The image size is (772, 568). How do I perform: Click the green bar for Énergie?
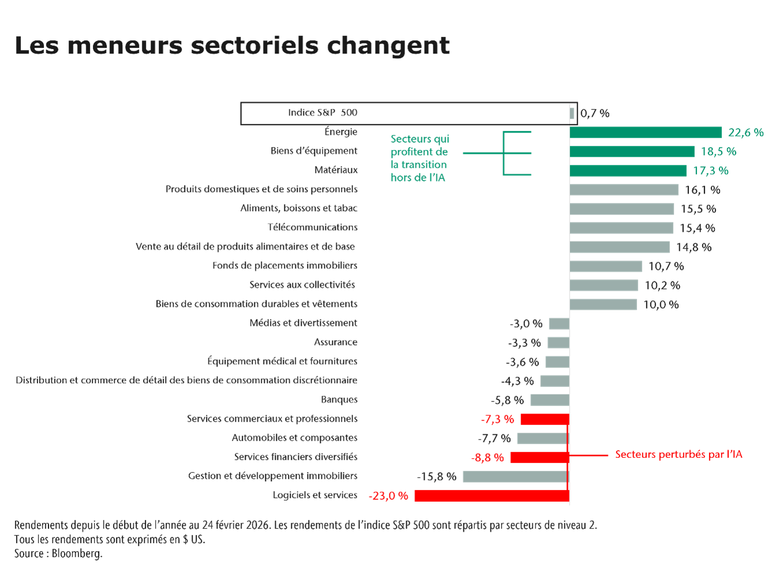(646, 133)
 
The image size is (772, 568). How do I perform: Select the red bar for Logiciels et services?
(492, 496)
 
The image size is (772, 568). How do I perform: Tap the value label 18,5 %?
(718, 152)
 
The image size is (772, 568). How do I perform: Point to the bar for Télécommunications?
(621, 228)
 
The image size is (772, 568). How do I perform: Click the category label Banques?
(339, 400)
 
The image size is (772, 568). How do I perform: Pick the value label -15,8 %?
(436, 476)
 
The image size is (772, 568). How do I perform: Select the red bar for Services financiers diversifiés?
(539, 457)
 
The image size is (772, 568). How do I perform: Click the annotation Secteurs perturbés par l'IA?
(679, 454)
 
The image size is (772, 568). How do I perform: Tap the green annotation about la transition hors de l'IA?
(419, 158)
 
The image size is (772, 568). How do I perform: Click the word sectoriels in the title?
(254, 46)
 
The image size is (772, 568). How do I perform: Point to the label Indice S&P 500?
(323, 113)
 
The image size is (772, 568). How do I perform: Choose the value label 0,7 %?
(595, 114)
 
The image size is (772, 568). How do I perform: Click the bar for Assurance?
(558, 343)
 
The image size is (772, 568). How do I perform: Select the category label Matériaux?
(336, 170)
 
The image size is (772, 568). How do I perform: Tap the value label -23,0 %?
(388, 496)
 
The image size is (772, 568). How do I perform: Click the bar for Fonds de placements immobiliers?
(606, 266)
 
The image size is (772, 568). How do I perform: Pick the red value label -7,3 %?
(497, 419)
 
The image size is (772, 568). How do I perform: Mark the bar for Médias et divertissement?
(559, 324)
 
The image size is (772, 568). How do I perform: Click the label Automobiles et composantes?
(294, 438)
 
